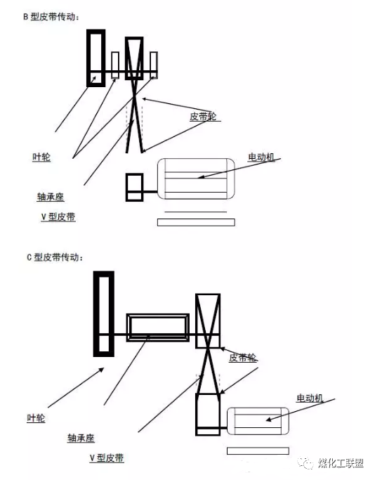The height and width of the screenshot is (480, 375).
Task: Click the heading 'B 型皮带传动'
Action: pyautogui.click(x=51, y=17)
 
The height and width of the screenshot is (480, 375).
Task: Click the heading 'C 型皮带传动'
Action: pyautogui.click(x=55, y=257)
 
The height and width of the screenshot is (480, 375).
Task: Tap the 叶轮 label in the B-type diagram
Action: pyautogui.click(x=41, y=157)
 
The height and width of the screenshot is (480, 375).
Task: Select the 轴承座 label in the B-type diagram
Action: pyautogui.click(x=51, y=197)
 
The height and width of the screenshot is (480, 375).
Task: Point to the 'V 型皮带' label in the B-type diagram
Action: pyautogui.click(x=58, y=216)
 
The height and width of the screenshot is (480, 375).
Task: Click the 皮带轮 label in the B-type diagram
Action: pyautogui.click(x=203, y=117)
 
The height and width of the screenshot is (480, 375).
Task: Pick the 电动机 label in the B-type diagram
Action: pyautogui.click(x=261, y=157)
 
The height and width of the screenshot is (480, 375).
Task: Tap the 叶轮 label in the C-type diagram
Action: pyautogui.click(x=36, y=418)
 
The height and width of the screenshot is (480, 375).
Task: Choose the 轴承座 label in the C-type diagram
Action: pyautogui.click(x=81, y=438)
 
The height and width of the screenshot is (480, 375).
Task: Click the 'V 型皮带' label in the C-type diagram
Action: pyautogui.click(x=107, y=458)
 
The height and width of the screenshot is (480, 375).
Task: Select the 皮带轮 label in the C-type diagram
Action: pyautogui.click(x=243, y=357)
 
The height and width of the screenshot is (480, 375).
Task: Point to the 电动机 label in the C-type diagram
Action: pyautogui.click(x=310, y=398)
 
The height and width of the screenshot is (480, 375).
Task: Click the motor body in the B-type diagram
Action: pyautogui.click(x=196, y=179)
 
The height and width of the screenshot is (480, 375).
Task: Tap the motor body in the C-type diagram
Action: pyautogui.click(x=258, y=421)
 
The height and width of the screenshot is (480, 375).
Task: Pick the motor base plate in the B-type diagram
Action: pyautogui.click(x=196, y=222)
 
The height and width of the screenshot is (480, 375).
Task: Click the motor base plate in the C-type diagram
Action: pyautogui.click(x=258, y=451)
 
